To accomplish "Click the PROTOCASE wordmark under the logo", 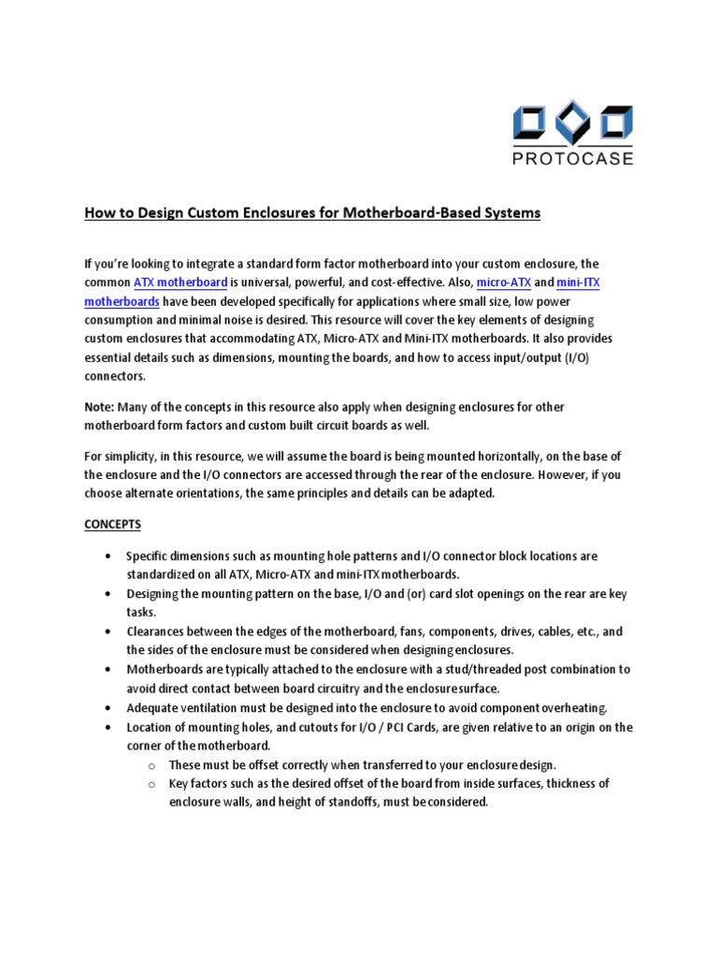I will coord(573,158).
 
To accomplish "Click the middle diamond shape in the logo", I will coord(572,123).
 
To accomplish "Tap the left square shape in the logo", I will coord(531,123).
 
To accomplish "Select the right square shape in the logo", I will coord(614,123).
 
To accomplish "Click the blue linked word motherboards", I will coord(122,302).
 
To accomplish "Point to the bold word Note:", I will coord(101,407).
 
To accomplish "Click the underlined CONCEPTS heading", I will coord(113,524).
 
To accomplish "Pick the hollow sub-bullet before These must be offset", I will coord(151,764).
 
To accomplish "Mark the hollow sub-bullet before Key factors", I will coord(151,783).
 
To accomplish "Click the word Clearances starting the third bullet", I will coord(157,631).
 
